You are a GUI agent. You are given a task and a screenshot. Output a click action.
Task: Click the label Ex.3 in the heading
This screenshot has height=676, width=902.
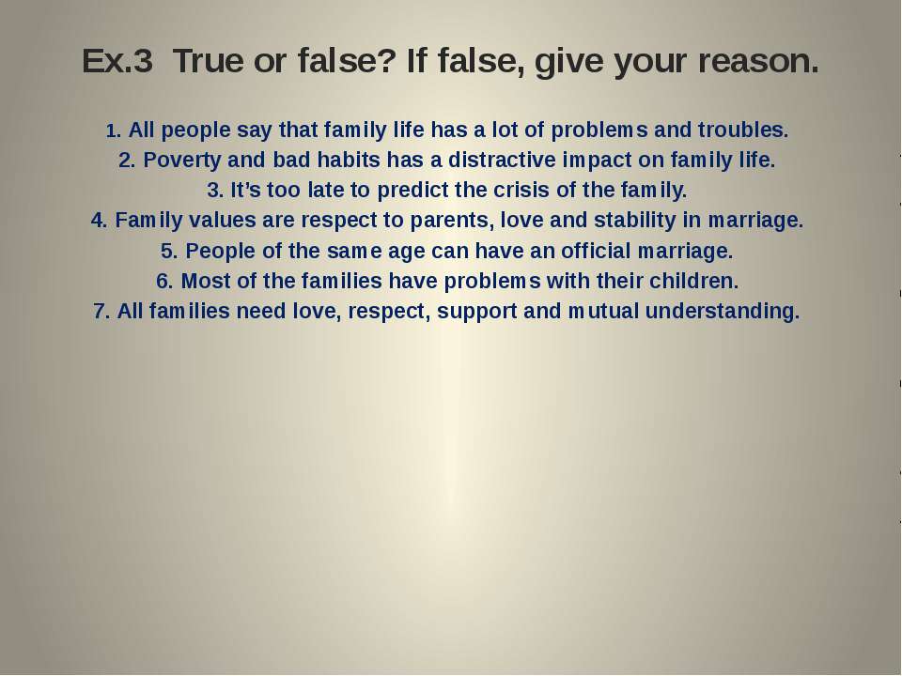tap(117, 60)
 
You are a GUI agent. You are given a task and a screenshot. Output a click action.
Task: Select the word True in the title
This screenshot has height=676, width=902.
tap(209, 60)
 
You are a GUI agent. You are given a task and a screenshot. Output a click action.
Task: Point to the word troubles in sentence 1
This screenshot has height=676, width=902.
tap(742, 130)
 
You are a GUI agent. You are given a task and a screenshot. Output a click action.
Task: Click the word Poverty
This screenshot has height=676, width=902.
tap(181, 160)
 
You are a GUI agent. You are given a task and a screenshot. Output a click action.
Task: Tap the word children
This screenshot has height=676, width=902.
tap(693, 281)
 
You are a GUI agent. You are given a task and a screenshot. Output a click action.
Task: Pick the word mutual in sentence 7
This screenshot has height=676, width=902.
tap(603, 312)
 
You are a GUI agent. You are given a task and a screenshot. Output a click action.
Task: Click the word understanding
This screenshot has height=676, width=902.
tap(723, 312)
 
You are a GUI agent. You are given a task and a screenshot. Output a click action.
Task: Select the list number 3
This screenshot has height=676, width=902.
tap(215, 191)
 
